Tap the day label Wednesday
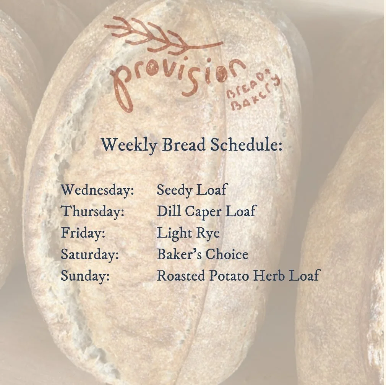pyautogui.click(x=97, y=190)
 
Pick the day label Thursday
pyautogui.click(x=93, y=211)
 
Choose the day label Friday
pyautogui.click(x=83, y=233)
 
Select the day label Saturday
pyautogui.click(x=90, y=254)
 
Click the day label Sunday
pyautogui.click(x=85, y=276)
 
